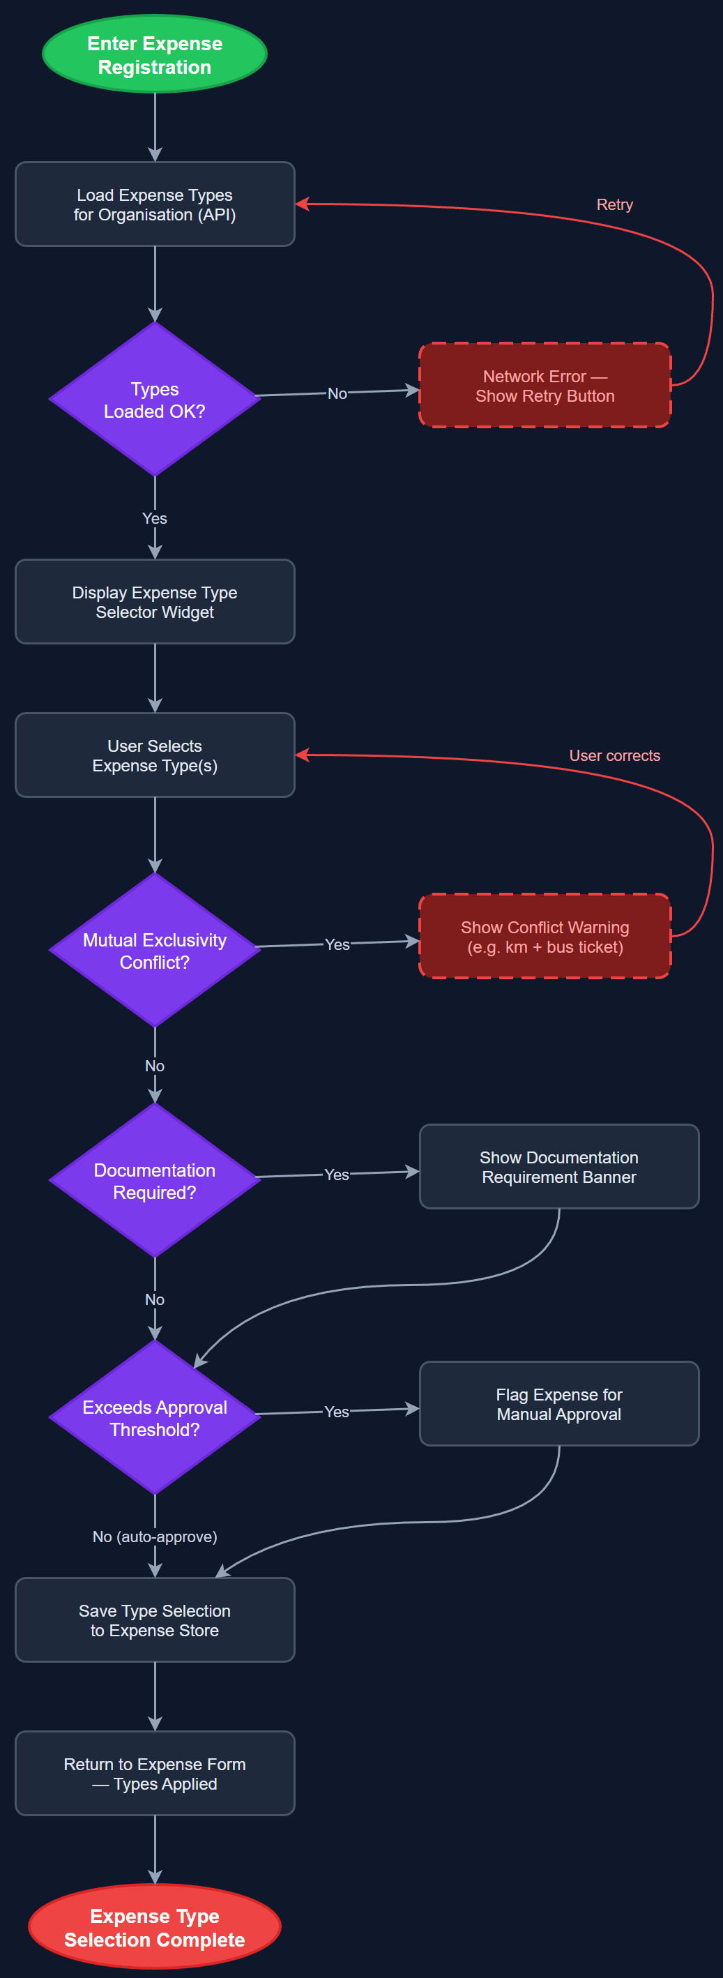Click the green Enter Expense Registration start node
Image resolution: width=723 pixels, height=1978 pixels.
pos(154,54)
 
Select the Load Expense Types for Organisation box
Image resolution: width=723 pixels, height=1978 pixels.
pos(154,204)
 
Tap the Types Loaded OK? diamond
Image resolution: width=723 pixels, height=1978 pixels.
pos(154,399)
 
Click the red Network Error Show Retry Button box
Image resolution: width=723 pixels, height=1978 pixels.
pos(545,386)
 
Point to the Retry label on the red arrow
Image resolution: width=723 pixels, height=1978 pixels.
pos(614,204)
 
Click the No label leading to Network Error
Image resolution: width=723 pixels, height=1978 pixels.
pos(337,393)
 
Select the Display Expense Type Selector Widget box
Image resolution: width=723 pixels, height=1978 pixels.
pos(154,602)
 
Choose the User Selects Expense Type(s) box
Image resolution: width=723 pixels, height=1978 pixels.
pos(154,755)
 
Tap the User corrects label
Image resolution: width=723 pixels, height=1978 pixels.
pos(614,755)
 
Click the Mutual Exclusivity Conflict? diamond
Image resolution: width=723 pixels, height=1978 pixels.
pos(154,951)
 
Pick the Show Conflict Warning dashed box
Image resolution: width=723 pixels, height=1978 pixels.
pos(545,937)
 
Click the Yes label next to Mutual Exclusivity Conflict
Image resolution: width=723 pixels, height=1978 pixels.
pos(337,944)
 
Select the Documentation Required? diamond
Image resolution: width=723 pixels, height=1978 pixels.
pos(154,1181)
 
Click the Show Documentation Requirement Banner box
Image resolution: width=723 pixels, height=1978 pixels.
pos(558,1167)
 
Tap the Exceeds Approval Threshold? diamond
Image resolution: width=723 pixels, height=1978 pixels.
pos(154,1418)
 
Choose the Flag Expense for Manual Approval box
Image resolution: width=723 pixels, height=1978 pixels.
pos(558,1405)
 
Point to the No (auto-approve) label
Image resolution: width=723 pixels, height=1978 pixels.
pos(154,1537)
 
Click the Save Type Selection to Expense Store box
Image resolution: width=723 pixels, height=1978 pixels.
pos(154,1620)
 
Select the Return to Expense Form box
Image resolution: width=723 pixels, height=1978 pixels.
pos(154,1774)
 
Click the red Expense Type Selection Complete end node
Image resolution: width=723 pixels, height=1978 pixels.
pos(154,1927)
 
